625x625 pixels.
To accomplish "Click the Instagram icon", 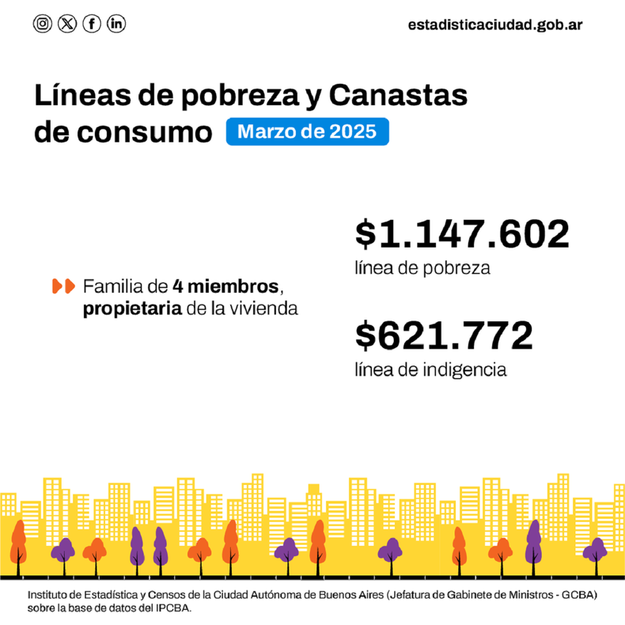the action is (x=42, y=24).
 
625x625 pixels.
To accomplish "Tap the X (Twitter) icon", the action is (x=67, y=24).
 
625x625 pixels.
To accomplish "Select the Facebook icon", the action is (x=92, y=24).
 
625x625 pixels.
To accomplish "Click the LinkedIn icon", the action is (x=116, y=24).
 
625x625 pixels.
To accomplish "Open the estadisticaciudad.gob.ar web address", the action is (x=495, y=25).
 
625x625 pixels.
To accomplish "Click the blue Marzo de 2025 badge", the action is (x=307, y=131).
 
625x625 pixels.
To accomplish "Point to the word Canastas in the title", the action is (x=398, y=95).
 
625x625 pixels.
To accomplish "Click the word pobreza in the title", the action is (x=240, y=97).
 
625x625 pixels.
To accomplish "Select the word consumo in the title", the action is (x=144, y=133).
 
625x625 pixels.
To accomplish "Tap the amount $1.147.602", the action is (x=462, y=234).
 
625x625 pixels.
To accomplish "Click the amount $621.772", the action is (x=444, y=335).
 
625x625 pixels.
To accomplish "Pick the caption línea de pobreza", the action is (x=422, y=268).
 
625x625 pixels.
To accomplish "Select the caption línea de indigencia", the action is (x=431, y=370).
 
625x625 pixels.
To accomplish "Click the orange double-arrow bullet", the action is (x=64, y=286).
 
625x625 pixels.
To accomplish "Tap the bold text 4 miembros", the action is (x=225, y=286).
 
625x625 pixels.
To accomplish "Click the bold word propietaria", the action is (x=132, y=309).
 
